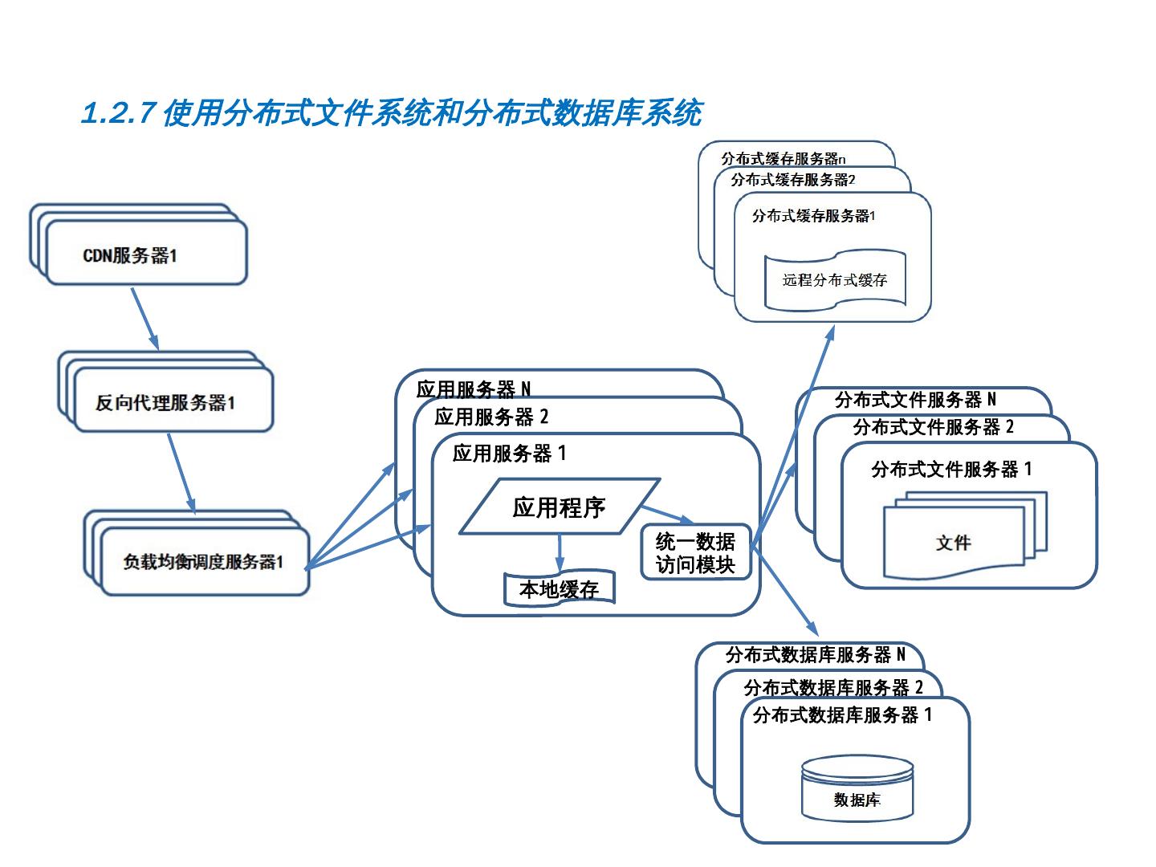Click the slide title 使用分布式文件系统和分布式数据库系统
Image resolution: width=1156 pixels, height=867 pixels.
392,113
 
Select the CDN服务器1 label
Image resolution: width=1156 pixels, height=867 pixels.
130,256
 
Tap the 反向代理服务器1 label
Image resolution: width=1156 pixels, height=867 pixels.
165,402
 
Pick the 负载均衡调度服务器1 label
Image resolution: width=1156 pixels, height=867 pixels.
202,562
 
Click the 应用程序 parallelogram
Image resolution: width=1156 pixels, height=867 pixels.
559,507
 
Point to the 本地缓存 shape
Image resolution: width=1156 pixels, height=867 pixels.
559,589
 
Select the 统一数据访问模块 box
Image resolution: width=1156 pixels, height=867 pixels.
695,552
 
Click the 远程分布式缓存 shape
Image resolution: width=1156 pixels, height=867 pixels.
835,280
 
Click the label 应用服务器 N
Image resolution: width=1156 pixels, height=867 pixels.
474,390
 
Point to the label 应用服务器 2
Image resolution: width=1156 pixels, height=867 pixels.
491,417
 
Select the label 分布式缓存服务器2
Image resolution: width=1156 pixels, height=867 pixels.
793,180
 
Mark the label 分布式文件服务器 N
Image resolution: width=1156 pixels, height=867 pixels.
915,400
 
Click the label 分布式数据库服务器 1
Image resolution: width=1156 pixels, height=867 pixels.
842,714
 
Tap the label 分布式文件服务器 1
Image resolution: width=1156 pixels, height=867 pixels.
951,469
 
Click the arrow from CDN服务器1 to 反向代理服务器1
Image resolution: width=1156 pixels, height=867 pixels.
144,317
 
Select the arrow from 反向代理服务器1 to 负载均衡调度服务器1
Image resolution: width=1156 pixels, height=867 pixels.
181,472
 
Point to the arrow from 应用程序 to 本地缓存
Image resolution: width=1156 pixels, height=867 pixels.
560,552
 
